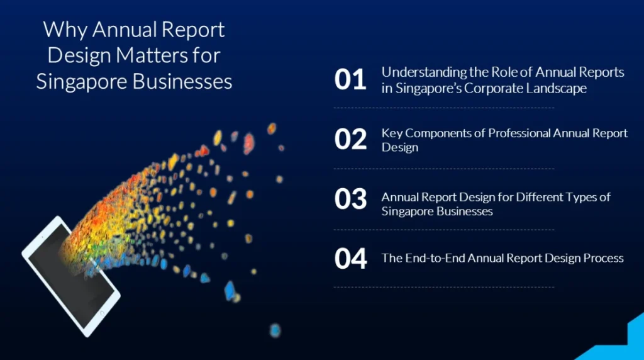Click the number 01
tap(350, 79)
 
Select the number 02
tap(350, 139)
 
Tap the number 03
tap(350, 199)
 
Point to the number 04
tap(350, 259)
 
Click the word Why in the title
tap(65, 30)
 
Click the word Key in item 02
tap(392, 133)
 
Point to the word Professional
tap(519, 133)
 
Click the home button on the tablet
tap(103, 313)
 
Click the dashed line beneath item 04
tap(444, 287)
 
